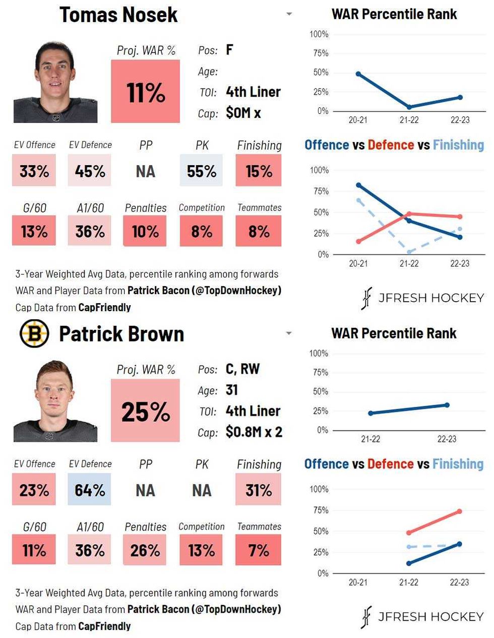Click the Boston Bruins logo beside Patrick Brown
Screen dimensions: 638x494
click(34, 333)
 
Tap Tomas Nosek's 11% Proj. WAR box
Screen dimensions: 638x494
click(145, 92)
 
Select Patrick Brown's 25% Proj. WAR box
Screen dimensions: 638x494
click(145, 411)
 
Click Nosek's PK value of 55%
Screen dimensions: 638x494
click(201, 171)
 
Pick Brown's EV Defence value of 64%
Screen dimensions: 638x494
click(90, 490)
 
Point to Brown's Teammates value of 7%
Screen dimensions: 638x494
click(258, 550)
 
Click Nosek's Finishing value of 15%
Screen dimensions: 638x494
click(258, 171)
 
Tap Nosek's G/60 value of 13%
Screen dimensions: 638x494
click(34, 231)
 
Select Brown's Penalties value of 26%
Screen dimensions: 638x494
click(145, 550)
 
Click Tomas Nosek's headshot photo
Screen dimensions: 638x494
click(55, 83)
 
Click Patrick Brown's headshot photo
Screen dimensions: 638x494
click(55, 402)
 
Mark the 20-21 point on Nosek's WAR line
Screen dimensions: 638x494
click(358, 74)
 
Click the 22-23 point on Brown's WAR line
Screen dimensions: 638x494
click(447, 405)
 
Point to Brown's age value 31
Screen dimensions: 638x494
click(232, 390)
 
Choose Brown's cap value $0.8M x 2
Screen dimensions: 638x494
click(254, 432)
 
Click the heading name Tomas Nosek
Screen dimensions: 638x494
click(118, 15)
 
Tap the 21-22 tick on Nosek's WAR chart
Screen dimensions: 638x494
click(409, 120)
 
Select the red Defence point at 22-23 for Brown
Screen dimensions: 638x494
click(460, 511)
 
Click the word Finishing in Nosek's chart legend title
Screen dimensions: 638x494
click(458, 145)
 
